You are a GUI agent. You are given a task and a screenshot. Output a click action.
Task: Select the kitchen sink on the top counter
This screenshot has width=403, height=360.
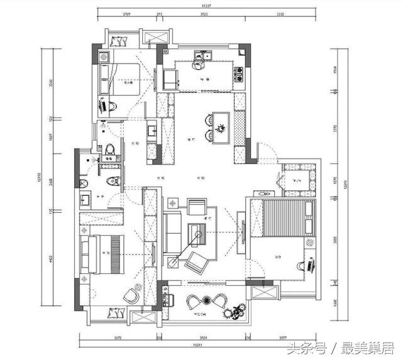[201, 62]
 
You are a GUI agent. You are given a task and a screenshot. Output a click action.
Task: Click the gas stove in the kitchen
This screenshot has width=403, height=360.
[238, 74]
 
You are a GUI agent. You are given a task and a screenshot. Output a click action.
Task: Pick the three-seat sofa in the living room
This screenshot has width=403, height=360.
[172, 232]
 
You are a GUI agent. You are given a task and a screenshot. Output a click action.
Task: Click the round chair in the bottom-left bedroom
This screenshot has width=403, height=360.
[132, 293]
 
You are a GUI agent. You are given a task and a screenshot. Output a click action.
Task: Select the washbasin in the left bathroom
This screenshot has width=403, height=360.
[86, 200]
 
